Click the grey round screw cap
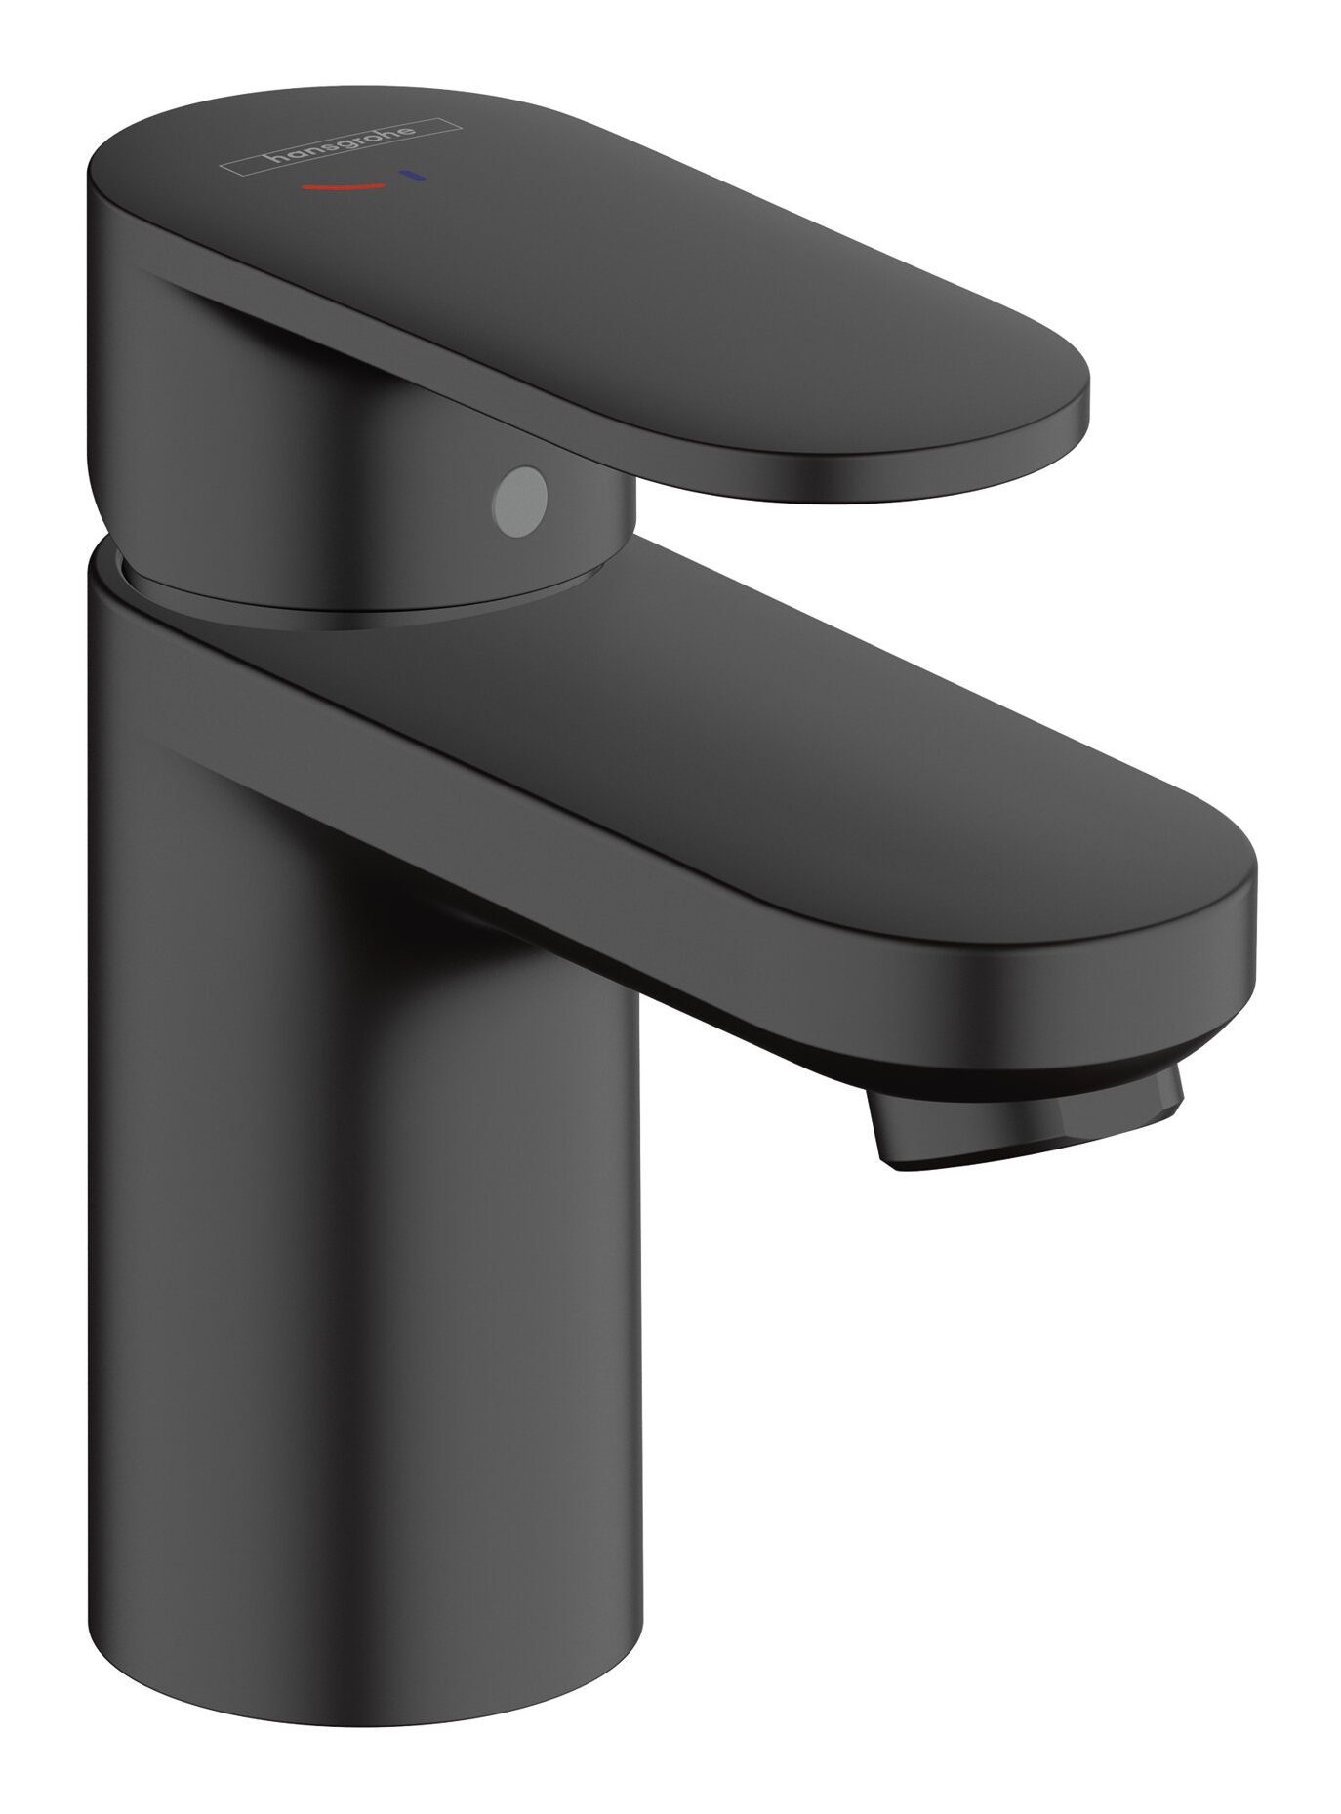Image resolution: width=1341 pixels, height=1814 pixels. point(521,485)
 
